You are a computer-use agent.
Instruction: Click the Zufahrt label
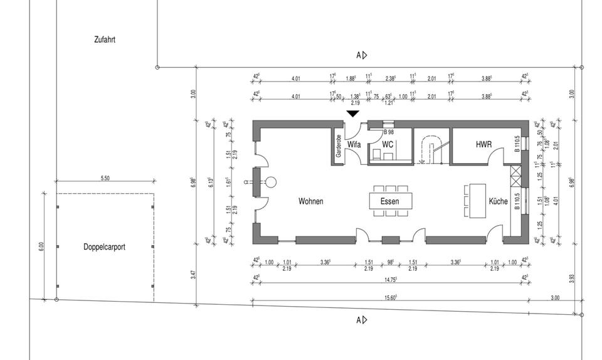(104, 40)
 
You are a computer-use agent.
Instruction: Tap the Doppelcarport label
(104, 247)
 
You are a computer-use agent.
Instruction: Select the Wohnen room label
(311, 201)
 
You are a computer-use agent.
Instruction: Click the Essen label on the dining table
(389, 201)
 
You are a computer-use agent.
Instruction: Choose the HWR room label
(483, 144)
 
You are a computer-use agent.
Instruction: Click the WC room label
(388, 144)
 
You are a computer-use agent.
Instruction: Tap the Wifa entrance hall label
(354, 144)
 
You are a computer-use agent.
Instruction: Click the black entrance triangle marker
(353, 114)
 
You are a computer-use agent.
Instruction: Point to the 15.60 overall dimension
(389, 298)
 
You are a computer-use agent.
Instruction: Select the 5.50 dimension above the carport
(105, 178)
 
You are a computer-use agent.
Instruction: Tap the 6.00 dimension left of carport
(42, 246)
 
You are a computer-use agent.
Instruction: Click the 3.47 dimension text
(193, 275)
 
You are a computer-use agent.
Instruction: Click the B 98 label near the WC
(388, 132)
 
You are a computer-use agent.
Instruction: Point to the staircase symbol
(432, 149)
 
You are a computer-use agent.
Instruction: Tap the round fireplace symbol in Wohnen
(271, 183)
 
